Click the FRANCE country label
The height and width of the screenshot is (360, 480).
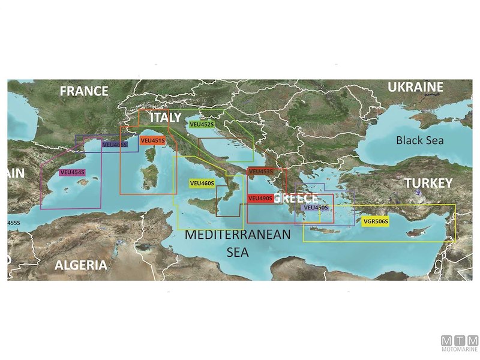click(x=84, y=91)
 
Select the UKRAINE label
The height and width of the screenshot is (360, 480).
click(x=415, y=88)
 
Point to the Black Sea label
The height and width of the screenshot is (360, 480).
click(x=420, y=140)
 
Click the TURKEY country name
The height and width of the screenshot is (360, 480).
click(x=427, y=183)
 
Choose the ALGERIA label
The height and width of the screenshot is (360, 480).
click(x=81, y=265)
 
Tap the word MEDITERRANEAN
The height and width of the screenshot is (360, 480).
click(x=238, y=235)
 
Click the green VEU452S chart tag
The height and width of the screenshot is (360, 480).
click(x=201, y=125)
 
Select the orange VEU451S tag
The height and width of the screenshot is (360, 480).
click(x=152, y=140)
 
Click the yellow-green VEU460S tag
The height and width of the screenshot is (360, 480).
click(x=202, y=183)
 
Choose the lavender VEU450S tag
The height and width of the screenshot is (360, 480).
click(x=316, y=208)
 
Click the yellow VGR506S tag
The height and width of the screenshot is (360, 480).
click(x=376, y=222)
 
